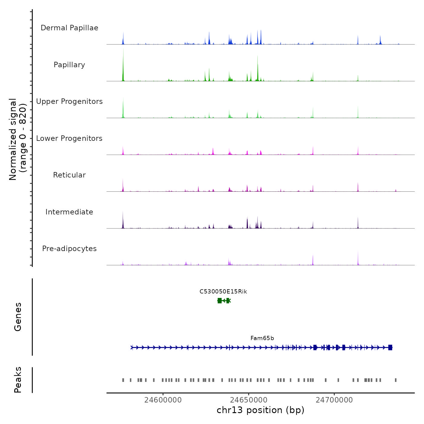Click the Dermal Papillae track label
(x=69, y=28)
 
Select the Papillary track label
(x=69, y=65)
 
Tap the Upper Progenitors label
(x=69, y=101)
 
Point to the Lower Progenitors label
(x=69, y=138)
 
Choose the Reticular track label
(x=69, y=175)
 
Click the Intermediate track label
(x=69, y=212)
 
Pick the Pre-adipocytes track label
(x=69, y=249)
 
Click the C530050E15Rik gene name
(x=223, y=292)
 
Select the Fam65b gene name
(x=262, y=338)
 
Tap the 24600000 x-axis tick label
(x=163, y=400)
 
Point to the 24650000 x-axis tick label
(x=249, y=400)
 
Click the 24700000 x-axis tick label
(x=334, y=400)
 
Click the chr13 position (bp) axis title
(x=260, y=410)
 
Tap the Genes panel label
(x=18, y=317)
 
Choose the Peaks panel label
(x=18, y=380)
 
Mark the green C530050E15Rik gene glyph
(x=224, y=301)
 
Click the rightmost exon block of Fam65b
(x=390, y=347)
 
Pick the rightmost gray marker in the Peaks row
(x=396, y=380)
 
